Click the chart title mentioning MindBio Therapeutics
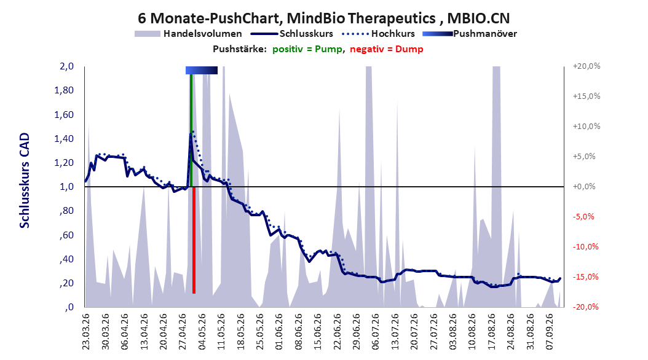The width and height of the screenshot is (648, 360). [x=323, y=18]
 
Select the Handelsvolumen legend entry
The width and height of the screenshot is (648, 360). [x=188, y=34]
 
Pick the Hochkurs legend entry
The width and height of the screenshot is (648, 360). [x=379, y=34]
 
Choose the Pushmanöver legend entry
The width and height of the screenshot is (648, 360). [x=470, y=34]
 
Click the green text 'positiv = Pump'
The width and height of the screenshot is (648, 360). [x=307, y=49]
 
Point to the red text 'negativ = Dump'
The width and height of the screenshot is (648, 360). [x=387, y=49]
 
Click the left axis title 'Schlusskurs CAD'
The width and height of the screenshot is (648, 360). [x=25, y=181]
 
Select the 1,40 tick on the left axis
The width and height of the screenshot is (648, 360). [x=64, y=139]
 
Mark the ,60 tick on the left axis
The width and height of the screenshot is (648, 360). [x=66, y=235]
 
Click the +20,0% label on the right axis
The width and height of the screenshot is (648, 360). [x=587, y=66]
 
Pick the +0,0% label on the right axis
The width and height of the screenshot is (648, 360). [x=584, y=187]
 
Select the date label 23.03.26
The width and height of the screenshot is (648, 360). [x=85, y=332]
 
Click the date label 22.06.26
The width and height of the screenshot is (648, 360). [x=337, y=332]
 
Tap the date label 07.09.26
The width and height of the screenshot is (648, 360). [x=549, y=332]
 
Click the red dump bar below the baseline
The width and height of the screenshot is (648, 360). [x=194, y=240]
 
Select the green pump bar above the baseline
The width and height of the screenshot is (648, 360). [x=191, y=130]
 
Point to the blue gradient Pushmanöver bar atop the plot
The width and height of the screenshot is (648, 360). [x=202, y=70]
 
